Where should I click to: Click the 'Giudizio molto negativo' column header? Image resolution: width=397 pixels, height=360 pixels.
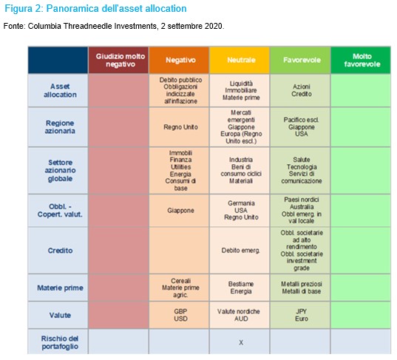118,61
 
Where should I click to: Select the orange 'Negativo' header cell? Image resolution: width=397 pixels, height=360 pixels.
179,61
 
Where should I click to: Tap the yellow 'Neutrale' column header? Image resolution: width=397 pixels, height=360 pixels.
240,61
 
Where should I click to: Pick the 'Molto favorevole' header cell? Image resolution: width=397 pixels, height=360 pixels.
361,61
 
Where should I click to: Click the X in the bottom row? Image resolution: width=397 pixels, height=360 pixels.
241,342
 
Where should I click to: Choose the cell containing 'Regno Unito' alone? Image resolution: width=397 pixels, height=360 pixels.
179,127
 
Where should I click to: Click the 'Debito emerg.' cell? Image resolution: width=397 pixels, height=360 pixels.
240,251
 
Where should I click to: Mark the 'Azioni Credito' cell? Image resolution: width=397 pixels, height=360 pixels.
300,90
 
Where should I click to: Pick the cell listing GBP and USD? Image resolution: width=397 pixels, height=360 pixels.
179,315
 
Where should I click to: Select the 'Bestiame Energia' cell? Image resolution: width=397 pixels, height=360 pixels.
240,288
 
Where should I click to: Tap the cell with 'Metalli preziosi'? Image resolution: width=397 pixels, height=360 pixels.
300,288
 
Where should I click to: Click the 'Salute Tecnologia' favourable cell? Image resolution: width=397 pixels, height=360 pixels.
300,171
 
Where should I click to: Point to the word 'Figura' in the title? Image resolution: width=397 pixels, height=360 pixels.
18,9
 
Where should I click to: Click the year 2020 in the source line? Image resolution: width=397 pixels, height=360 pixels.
214,26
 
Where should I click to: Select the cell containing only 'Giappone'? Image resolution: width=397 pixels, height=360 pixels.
179,211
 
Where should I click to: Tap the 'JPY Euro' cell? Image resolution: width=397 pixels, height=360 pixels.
300,315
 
